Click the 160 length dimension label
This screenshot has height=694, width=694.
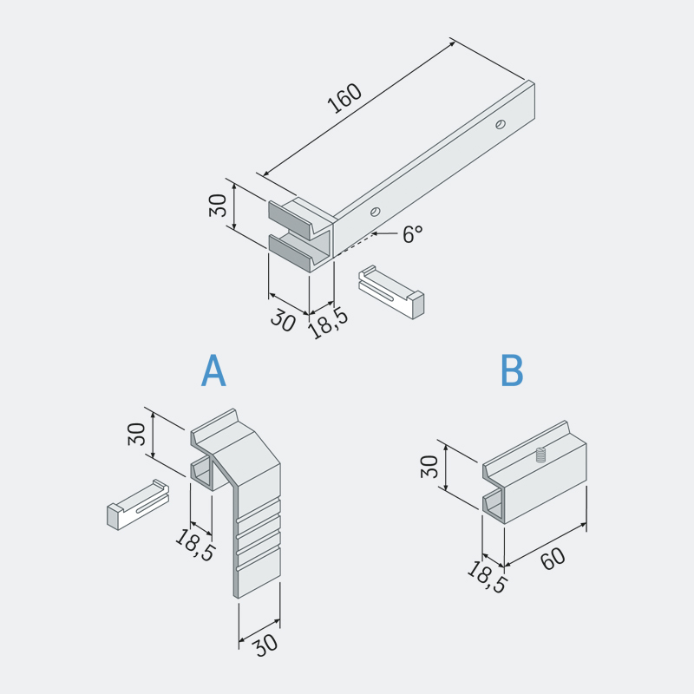(344, 98)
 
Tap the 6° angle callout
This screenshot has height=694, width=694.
(413, 233)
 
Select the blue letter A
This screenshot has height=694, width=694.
(213, 370)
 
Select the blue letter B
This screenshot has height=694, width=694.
(512, 370)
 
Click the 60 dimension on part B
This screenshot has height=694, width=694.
(553, 559)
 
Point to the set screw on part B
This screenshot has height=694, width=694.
(540, 455)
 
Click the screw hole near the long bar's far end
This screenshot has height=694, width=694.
(501, 124)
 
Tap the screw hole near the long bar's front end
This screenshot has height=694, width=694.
(376, 212)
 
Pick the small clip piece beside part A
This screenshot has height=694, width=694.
(138, 505)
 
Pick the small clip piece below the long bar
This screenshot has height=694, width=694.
(391, 292)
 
